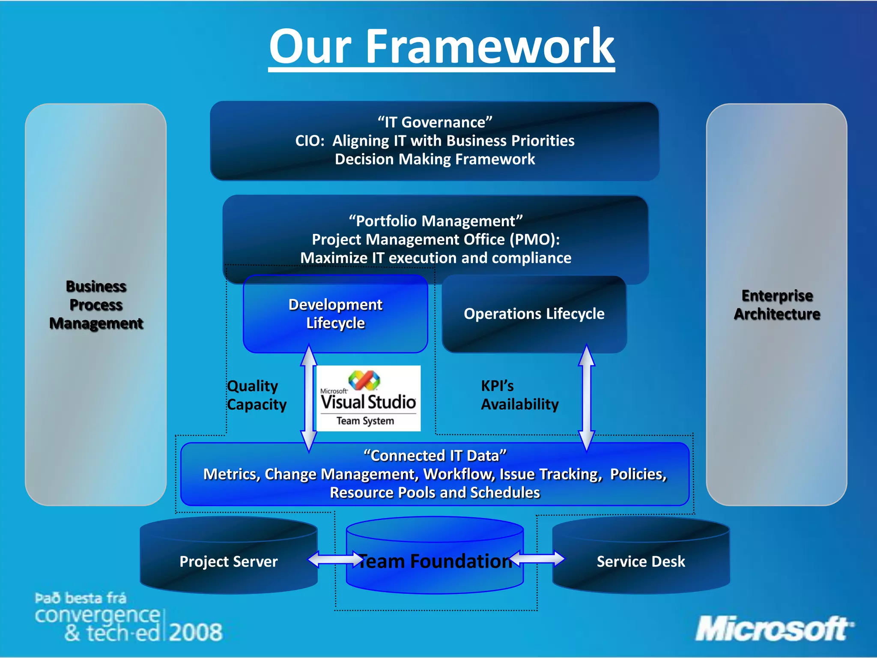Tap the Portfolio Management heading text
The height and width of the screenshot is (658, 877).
point(436,221)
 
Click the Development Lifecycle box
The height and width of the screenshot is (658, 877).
point(335,314)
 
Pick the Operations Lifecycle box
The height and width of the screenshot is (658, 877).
point(534,314)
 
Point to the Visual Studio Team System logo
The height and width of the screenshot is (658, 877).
point(368,398)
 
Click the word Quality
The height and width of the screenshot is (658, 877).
point(253,386)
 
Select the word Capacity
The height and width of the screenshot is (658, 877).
point(257,404)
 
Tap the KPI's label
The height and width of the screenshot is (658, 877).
point(497,386)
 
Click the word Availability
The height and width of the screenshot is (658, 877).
point(519,404)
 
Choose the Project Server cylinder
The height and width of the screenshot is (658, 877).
point(228,561)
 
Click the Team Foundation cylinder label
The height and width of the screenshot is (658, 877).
point(435,561)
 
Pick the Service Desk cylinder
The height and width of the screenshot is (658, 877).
point(641,561)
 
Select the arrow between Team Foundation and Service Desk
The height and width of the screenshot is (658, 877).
point(537,559)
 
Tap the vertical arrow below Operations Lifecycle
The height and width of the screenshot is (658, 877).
point(586,398)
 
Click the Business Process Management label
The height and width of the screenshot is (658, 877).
point(96,305)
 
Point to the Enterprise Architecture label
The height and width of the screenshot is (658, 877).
point(777,305)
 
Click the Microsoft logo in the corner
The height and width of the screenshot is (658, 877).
point(773,629)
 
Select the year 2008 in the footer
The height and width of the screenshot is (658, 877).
point(196,632)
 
